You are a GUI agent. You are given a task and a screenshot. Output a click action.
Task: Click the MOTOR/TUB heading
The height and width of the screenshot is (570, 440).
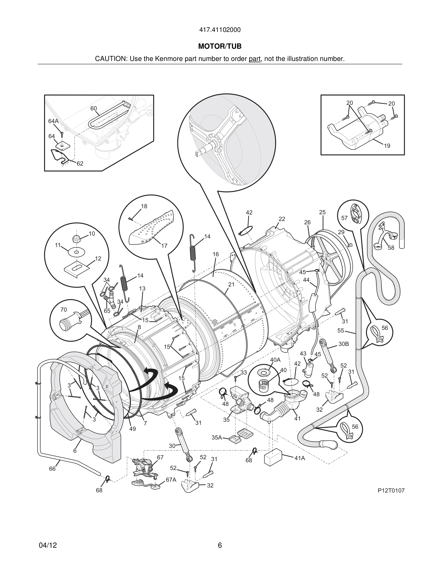[x=220, y=47]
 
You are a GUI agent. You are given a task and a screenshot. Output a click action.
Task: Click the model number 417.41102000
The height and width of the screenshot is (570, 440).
[x=220, y=30]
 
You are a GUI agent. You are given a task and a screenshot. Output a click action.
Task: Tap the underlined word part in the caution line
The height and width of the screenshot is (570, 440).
[x=255, y=59]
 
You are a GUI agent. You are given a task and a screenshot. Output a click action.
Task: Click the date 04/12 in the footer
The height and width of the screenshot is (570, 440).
[x=48, y=545]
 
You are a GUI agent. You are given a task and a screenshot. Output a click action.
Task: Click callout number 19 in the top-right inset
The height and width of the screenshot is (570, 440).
[x=387, y=146]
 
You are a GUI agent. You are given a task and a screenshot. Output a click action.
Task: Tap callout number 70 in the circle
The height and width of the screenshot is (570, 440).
[x=64, y=310]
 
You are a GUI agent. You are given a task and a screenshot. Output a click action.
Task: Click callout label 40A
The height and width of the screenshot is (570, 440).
[x=275, y=360]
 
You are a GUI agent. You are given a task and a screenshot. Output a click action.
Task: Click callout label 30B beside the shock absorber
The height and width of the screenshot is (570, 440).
[x=343, y=344]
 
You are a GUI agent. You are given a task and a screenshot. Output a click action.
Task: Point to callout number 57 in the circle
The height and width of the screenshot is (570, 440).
[x=344, y=218]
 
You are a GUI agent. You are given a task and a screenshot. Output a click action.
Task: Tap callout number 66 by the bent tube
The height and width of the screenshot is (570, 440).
[x=52, y=469]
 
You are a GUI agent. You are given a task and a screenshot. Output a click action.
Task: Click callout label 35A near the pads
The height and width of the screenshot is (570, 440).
[x=217, y=437]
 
